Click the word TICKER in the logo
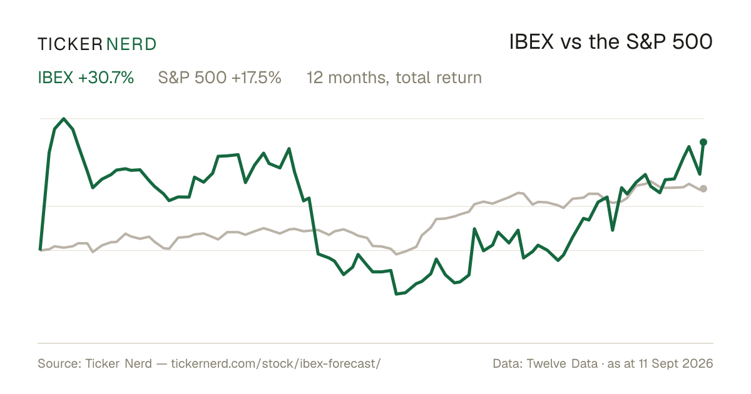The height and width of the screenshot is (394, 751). click(69, 44)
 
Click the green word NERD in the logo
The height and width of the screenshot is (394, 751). click(131, 44)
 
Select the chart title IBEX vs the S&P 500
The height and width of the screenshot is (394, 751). click(611, 42)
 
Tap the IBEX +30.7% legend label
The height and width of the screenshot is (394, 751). click(86, 78)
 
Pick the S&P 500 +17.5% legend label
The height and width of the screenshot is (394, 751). click(220, 78)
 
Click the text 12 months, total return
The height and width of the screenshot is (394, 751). click(394, 78)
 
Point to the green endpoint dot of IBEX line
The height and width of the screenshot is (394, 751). click(703, 143)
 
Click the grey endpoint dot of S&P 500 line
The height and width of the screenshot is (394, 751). click(703, 189)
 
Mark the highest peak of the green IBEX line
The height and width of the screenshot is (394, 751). click(64, 119)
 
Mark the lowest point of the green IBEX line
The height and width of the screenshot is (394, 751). click(397, 294)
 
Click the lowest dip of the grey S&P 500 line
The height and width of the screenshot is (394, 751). click(397, 254)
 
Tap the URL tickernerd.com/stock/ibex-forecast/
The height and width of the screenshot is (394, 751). click(276, 363)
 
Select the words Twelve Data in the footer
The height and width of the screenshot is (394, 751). click(562, 363)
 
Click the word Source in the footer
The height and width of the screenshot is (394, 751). click(58, 363)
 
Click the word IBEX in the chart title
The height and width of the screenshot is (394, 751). click(531, 43)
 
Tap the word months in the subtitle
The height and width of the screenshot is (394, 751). click(360, 78)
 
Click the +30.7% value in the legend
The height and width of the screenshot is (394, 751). click(106, 78)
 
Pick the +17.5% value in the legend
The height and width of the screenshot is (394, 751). click(256, 78)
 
